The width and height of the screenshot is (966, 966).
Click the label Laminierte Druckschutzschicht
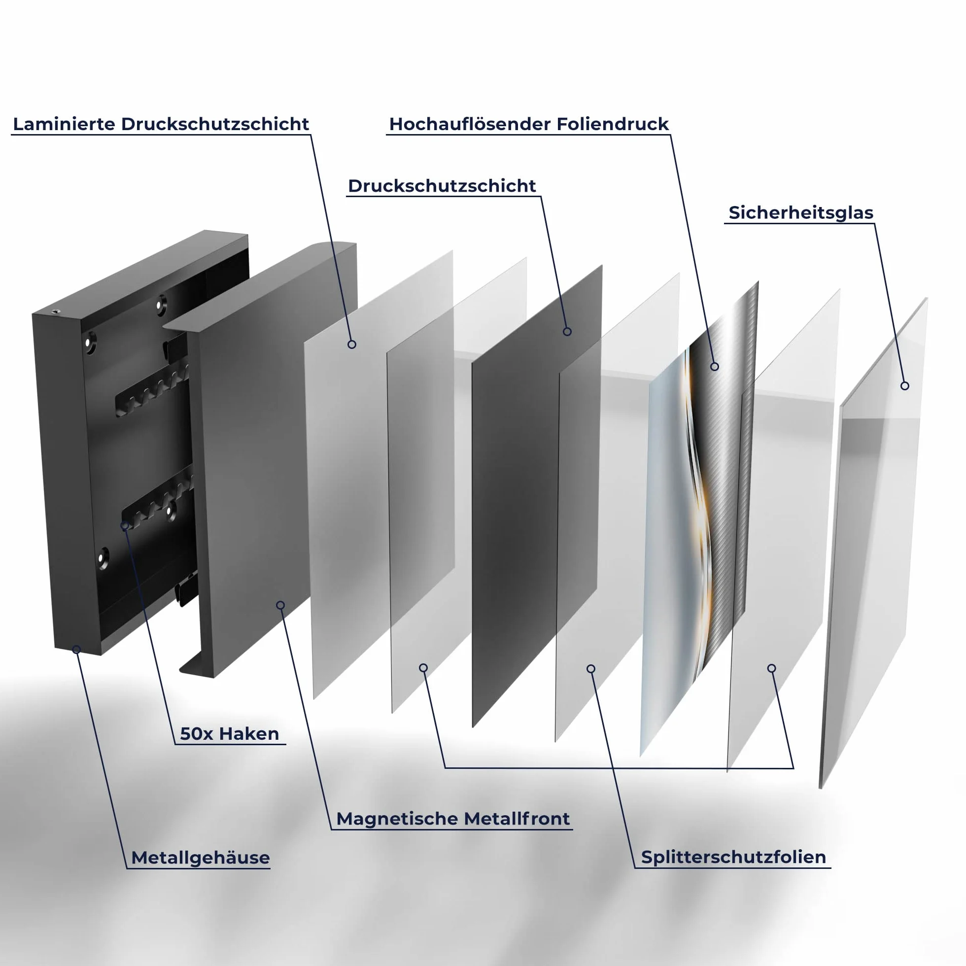coord(161,124)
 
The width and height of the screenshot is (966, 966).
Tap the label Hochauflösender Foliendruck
coord(529,124)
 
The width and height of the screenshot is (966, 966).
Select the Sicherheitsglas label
coord(801,212)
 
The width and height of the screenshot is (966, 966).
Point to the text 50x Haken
coord(230,733)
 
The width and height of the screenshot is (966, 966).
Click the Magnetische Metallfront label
coord(453,819)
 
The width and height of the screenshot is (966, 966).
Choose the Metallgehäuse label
coord(201,858)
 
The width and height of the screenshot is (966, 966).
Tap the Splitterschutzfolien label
coord(733,857)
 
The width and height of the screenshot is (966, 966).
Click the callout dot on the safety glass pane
coord(904,386)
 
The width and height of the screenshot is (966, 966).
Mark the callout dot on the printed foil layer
coord(715,367)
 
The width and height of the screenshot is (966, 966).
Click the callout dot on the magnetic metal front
coord(280,606)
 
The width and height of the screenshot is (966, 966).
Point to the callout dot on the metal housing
coord(76,650)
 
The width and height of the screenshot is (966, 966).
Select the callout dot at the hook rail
coord(125,525)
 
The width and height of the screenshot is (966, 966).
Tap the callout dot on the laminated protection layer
coord(352,345)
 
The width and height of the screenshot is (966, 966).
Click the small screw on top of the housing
coord(55,311)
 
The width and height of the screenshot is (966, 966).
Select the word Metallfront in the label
coord(517,819)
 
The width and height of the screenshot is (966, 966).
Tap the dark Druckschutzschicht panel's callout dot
coord(567,332)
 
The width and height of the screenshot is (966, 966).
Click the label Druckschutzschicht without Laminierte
coord(442,186)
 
